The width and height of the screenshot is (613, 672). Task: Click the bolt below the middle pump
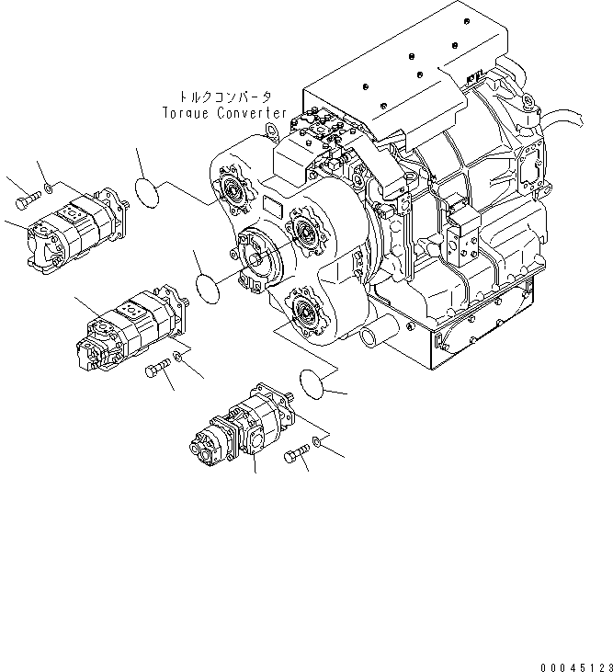click(159, 370)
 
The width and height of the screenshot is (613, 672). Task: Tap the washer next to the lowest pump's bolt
click(316, 443)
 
